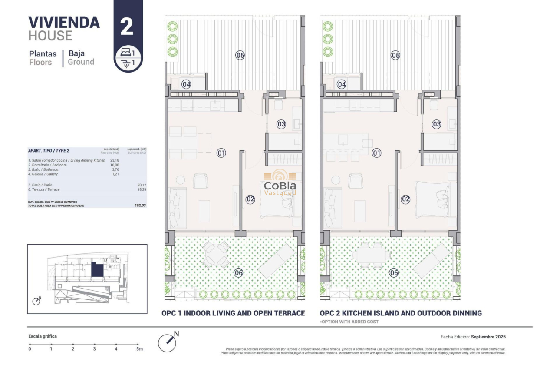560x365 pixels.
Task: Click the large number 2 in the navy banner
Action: [127, 27]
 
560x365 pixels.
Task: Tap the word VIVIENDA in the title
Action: [64, 22]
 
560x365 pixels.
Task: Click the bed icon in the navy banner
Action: [125, 52]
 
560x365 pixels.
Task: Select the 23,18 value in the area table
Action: [115, 160]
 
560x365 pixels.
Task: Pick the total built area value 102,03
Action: [141, 206]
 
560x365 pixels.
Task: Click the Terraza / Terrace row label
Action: [44, 190]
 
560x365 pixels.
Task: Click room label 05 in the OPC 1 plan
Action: [240, 55]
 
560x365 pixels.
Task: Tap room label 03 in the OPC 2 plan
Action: [436, 124]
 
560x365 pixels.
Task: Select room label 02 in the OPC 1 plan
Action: [250, 199]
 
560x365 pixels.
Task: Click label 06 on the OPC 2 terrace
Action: [394, 273]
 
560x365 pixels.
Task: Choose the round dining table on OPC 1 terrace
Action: [217, 255]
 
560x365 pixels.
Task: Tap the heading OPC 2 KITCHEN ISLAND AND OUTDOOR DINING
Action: [401, 313]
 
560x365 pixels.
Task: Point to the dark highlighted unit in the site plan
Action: [97, 270]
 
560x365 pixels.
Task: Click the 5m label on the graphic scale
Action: [139, 349]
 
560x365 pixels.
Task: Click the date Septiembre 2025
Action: [488, 337]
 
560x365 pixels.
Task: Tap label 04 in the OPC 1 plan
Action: [186, 84]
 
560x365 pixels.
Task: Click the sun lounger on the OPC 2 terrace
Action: [431, 260]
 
